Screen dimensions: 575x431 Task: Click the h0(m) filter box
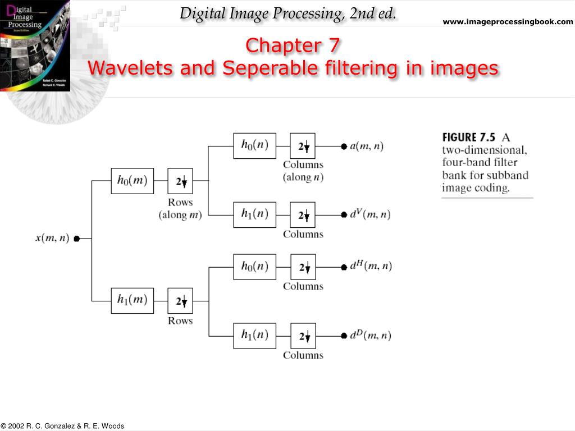click(x=132, y=181)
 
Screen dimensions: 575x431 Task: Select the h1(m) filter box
click(x=132, y=300)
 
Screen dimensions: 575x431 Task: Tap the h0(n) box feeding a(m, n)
click(x=254, y=145)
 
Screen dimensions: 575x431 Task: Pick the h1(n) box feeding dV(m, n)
click(x=254, y=214)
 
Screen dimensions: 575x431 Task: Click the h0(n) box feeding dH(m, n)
click(x=254, y=267)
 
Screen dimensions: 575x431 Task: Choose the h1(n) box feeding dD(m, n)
click(x=254, y=336)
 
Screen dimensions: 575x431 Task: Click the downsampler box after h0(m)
click(x=180, y=181)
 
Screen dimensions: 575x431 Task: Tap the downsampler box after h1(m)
click(x=180, y=301)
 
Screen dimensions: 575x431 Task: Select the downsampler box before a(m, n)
click(x=303, y=146)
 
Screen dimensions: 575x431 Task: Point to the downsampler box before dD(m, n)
click(x=303, y=336)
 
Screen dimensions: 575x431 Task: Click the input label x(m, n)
click(x=52, y=238)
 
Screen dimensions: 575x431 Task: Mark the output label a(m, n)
click(x=367, y=146)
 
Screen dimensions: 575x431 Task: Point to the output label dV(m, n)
click(x=371, y=214)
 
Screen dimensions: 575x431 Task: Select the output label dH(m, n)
click(x=371, y=266)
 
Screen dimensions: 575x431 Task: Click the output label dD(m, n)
click(x=371, y=336)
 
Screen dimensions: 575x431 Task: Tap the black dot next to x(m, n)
click(x=76, y=239)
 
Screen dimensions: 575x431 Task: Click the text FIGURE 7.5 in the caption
click(x=469, y=137)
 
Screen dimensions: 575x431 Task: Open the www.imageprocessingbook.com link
click(x=508, y=22)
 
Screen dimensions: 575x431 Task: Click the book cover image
click(x=35, y=45)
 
